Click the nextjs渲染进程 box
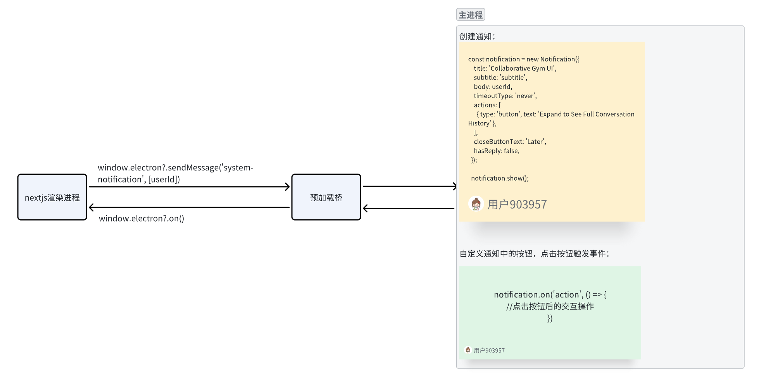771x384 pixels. tap(52, 197)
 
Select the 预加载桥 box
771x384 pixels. tap(326, 197)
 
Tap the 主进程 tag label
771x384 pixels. tap(471, 15)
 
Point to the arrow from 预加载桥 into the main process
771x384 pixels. tap(409, 186)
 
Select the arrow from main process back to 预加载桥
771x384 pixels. tap(409, 209)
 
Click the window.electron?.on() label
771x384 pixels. tap(141, 219)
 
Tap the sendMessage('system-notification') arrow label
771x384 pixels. tap(175, 173)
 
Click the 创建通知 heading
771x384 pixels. tap(477, 36)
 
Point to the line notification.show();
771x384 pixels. tap(500, 178)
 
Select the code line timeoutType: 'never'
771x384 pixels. tap(505, 96)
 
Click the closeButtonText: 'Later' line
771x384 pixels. tap(510, 142)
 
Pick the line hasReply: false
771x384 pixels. tap(497, 151)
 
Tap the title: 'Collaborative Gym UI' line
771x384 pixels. tap(515, 68)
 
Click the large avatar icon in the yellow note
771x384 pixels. tap(476, 204)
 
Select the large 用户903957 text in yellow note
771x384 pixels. tap(517, 204)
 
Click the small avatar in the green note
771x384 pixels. tap(468, 350)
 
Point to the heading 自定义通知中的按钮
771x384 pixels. tap(534, 254)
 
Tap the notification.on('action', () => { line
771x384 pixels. tap(550, 295)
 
